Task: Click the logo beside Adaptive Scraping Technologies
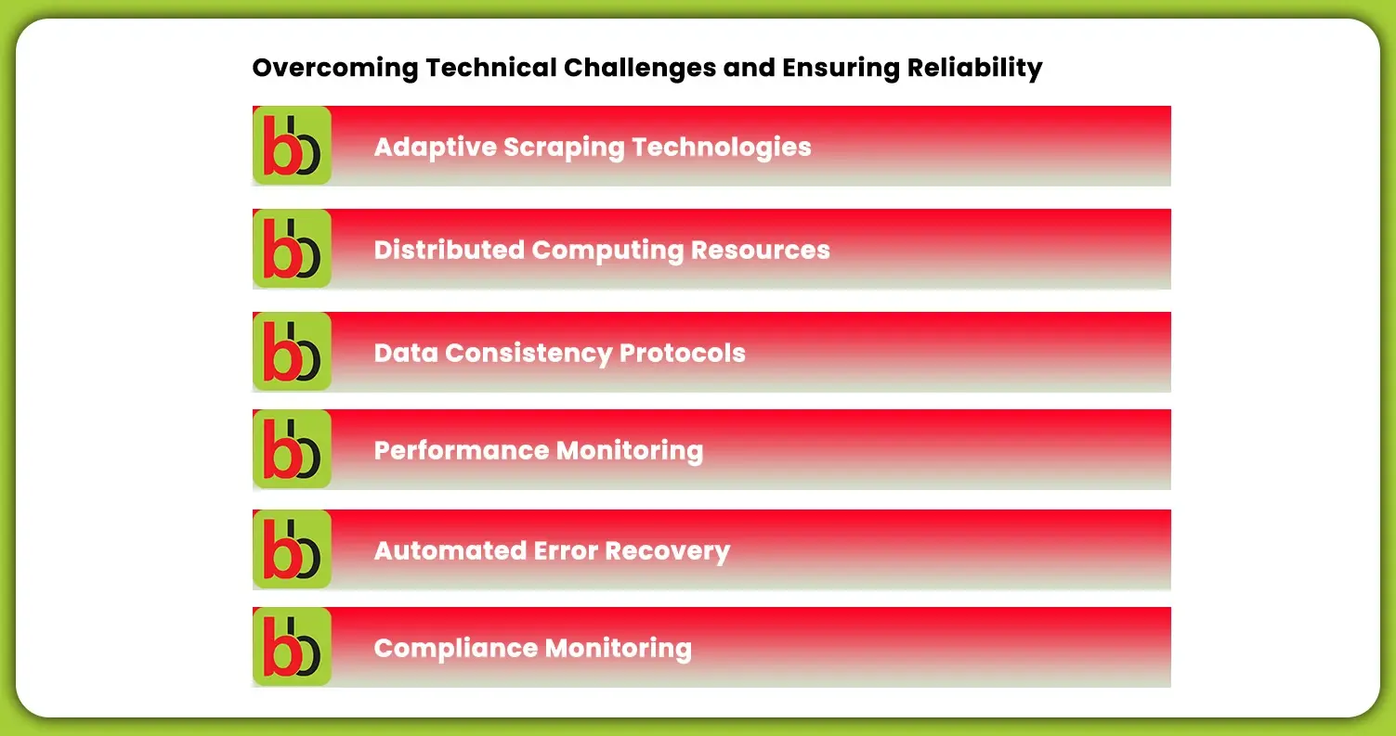click(x=292, y=146)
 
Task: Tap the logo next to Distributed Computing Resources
click(x=292, y=249)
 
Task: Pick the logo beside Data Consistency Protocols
click(x=292, y=352)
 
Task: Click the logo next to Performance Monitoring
click(x=292, y=449)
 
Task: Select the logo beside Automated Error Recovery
click(x=292, y=549)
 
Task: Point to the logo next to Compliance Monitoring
click(x=292, y=647)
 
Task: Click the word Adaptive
click(x=434, y=148)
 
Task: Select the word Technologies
click(x=722, y=148)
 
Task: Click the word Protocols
click(x=683, y=354)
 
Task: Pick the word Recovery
click(x=668, y=551)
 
